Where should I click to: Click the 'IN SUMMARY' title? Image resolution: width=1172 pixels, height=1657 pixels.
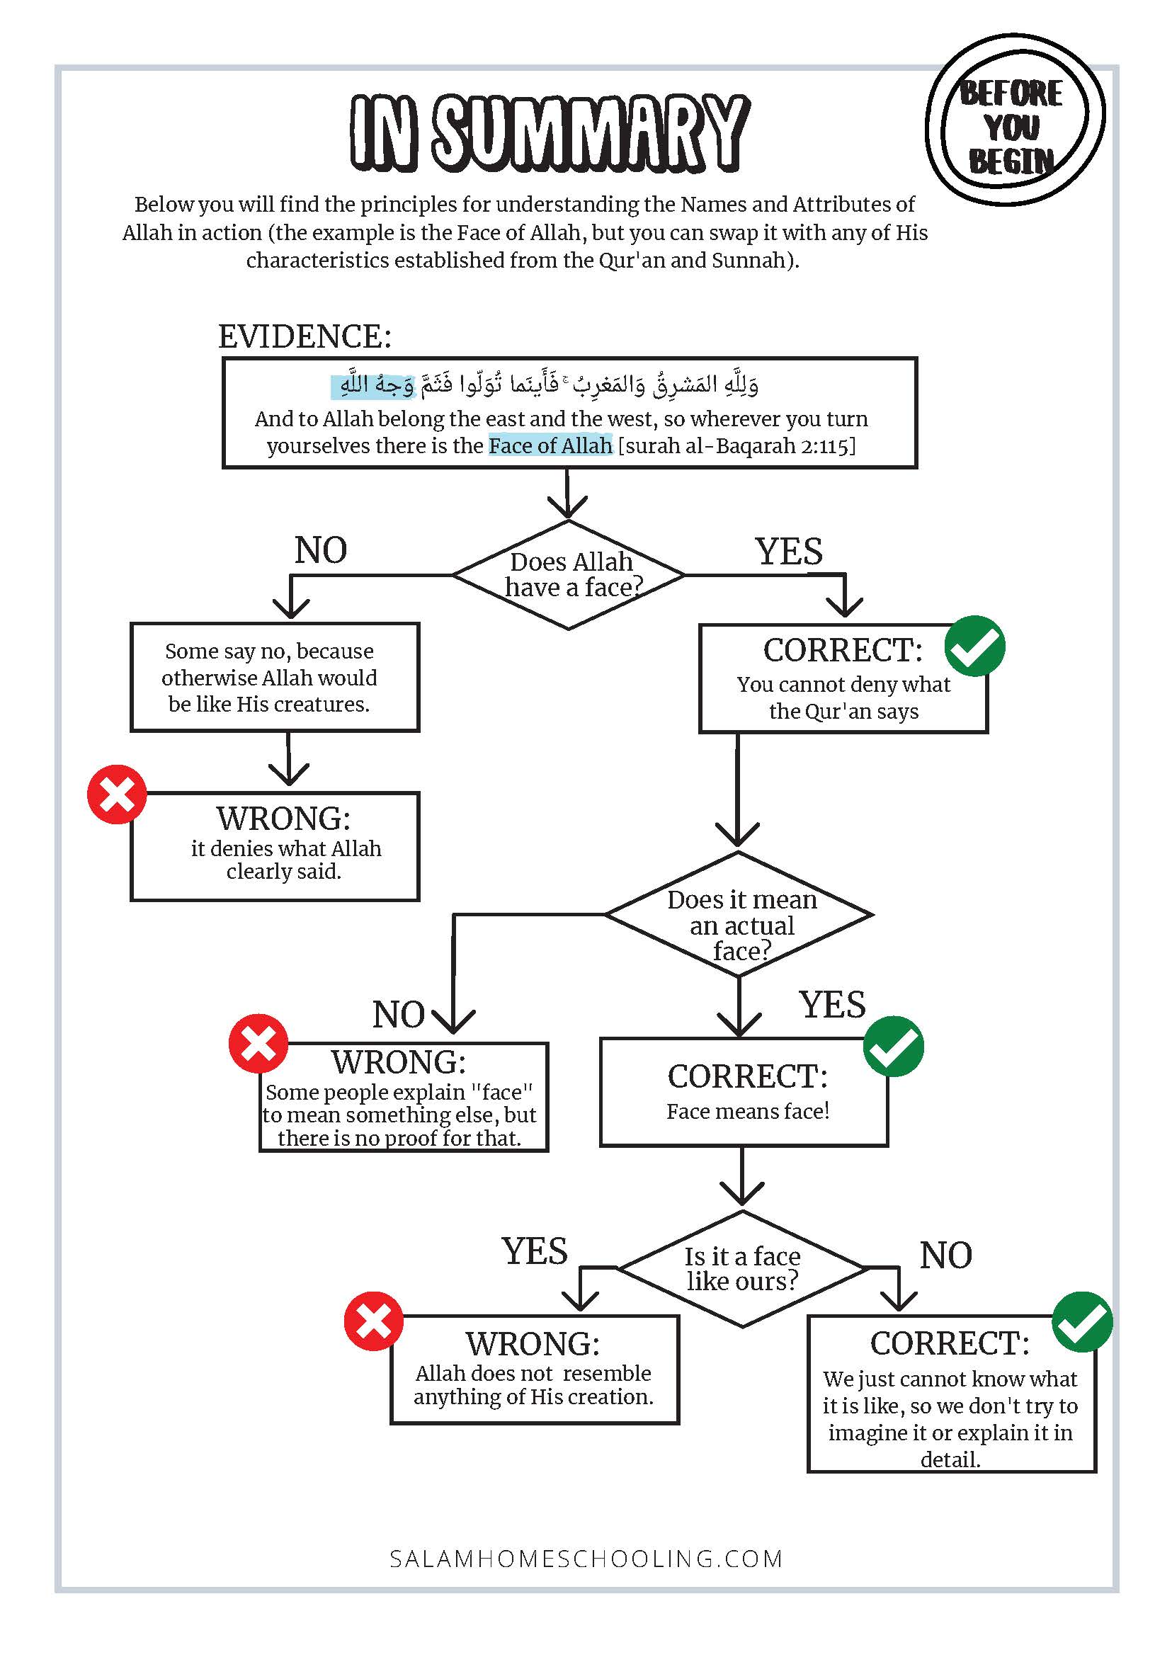[550, 133]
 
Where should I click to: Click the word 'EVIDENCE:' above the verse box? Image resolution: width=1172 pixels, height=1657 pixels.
[305, 336]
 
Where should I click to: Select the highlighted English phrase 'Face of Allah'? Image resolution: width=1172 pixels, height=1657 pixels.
[550, 445]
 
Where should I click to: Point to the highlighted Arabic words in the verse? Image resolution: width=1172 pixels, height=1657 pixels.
[373, 385]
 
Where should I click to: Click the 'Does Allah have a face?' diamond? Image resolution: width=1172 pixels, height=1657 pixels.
[569, 574]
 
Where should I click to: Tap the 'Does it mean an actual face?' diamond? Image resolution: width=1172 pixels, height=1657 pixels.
[739, 914]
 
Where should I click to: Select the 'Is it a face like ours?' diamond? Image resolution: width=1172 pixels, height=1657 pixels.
[743, 1269]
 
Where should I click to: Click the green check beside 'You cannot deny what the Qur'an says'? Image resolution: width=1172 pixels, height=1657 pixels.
[975, 646]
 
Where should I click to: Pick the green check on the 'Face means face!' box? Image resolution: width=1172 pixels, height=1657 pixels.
[894, 1047]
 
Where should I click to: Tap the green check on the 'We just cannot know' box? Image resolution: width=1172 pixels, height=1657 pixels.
[1082, 1321]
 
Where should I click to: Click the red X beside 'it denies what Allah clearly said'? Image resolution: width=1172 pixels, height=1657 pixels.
[117, 795]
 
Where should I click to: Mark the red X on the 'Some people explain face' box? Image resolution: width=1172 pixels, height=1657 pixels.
[258, 1044]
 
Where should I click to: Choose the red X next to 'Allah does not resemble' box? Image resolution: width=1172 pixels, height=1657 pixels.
[373, 1321]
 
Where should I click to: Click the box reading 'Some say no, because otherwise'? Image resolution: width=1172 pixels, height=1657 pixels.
[275, 677]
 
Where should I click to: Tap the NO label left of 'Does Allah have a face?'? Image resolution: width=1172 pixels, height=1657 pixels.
[320, 550]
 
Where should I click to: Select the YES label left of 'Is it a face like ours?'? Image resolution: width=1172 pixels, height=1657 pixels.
[535, 1251]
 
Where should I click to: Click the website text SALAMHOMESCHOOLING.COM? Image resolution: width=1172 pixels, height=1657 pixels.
[586, 1559]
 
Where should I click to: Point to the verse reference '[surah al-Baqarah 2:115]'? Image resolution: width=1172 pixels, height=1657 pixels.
[736, 446]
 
